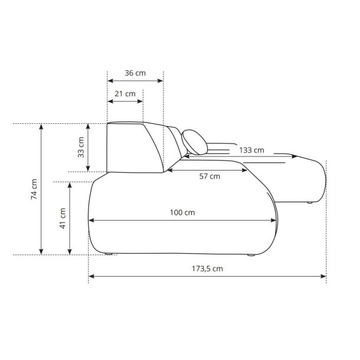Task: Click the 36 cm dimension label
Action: (135, 73)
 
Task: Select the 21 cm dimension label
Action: (125, 94)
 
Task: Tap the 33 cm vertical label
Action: (81, 147)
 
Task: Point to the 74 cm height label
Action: (34, 189)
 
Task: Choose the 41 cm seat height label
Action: (63, 218)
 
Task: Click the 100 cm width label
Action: (182, 212)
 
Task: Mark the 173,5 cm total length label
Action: (207, 269)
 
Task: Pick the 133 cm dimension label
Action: (251, 150)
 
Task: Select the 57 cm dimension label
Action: (210, 176)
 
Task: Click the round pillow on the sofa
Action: (195, 142)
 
